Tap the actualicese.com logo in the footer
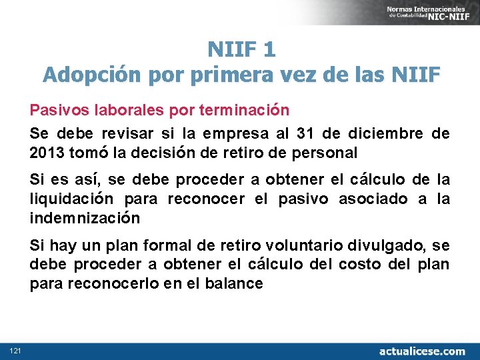(x=422, y=351)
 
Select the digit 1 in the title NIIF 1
(x=269, y=49)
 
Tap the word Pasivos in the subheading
(x=54, y=109)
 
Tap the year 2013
(x=47, y=153)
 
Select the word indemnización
(x=85, y=218)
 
